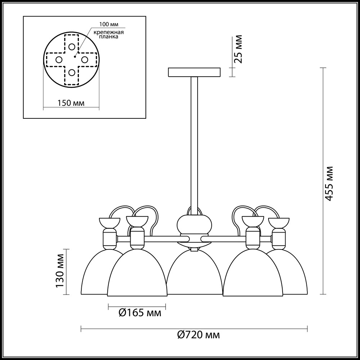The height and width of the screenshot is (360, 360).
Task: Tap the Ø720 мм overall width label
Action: click(199, 335)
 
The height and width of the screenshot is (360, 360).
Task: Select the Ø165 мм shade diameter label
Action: click(140, 313)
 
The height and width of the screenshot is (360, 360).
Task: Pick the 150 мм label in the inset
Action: click(71, 103)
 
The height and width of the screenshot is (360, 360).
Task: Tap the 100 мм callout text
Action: click(109, 24)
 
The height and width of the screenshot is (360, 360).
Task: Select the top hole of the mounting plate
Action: click(72, 47)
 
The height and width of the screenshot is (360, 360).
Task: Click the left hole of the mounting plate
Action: click(59, 60)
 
